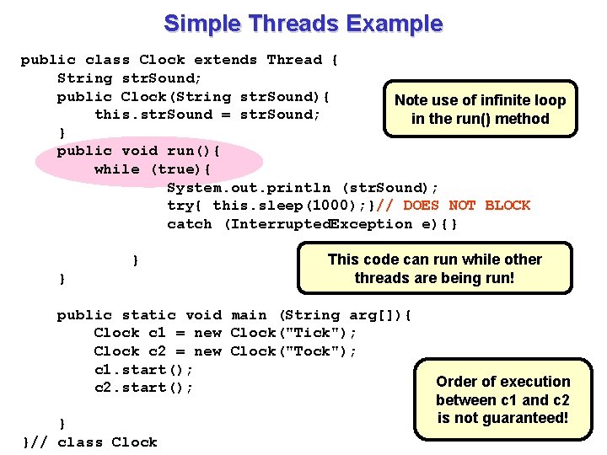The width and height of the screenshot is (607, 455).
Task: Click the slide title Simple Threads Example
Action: pos(303,23)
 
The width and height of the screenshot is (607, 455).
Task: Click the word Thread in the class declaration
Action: pos(294,60)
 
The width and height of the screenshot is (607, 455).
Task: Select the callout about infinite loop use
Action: pos(480,110)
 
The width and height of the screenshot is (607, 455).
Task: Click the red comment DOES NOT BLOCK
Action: pos(466,206)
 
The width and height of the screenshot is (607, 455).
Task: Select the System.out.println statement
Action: pos(303,187)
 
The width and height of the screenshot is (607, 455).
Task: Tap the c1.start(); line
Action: pos(143,370)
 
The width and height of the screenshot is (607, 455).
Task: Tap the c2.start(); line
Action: pos(143,388)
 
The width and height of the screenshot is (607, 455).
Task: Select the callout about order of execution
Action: pos(502,399)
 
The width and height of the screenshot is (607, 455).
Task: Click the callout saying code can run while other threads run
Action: pos(434,269)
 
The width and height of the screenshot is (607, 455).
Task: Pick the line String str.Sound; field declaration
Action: pos(129,78)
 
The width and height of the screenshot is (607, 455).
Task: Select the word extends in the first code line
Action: pos(225,60)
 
